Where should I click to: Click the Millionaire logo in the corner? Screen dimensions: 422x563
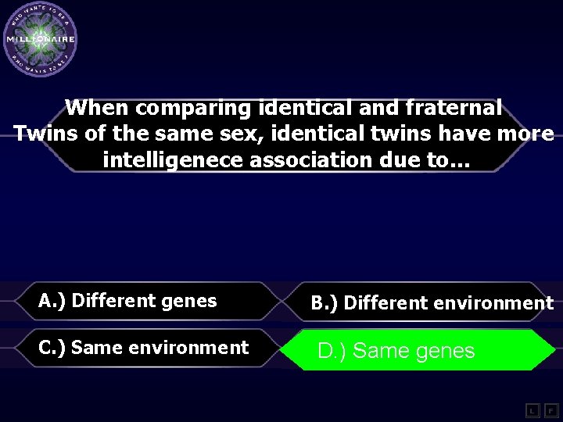point(40,39)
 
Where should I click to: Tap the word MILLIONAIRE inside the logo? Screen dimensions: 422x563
point(40,39)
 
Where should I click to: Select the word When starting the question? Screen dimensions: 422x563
point(97,107)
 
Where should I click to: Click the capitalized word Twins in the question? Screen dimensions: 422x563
point(46,134)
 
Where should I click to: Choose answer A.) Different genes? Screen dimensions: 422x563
point(127,301)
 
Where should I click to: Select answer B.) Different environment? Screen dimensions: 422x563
point(432,303)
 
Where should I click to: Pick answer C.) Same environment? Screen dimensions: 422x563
point(144,348)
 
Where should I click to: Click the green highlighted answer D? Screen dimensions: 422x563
point(418,350)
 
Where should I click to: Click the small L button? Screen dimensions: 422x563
point(531,410)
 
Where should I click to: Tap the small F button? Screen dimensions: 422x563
point(550,410)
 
